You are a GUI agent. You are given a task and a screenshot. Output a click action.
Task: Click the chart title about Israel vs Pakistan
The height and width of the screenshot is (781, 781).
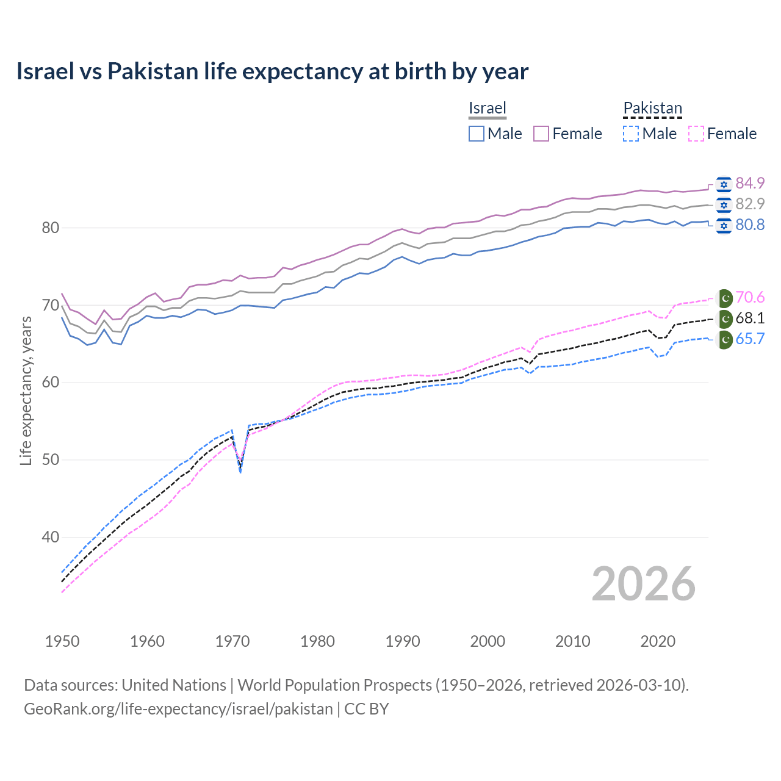272,71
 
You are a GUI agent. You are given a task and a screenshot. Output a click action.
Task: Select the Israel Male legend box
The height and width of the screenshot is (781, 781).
477,134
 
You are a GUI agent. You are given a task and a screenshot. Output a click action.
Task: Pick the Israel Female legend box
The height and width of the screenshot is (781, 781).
541,134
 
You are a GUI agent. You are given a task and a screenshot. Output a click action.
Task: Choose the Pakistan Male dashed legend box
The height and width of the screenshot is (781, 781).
631,134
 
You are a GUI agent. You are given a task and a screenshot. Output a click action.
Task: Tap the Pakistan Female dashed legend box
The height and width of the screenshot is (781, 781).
696,134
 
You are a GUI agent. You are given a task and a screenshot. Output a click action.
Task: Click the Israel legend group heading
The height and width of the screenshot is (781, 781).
488,108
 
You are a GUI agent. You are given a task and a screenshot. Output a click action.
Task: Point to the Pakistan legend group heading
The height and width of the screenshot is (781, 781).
652,108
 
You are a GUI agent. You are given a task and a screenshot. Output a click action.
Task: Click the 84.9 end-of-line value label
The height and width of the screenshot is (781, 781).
750,183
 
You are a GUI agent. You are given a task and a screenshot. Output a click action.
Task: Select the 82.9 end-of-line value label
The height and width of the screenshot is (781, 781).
750,204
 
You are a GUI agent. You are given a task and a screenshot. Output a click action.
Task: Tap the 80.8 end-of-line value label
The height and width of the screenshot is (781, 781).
750,225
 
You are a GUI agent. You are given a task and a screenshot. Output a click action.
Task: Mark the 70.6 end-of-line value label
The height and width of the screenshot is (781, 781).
750,297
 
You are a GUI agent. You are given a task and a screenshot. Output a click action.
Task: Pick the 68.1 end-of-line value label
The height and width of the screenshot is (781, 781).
750,318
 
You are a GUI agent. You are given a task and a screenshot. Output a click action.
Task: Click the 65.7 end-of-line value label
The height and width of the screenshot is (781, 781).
750,339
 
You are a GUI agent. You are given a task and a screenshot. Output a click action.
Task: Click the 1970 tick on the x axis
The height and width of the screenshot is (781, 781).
232,641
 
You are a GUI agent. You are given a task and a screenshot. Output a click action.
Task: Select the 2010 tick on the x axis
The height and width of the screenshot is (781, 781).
572,641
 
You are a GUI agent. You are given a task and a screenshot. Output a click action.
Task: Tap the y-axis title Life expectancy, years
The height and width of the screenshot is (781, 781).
26,390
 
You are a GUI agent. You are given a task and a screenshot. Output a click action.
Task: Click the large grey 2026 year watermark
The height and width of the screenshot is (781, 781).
644,584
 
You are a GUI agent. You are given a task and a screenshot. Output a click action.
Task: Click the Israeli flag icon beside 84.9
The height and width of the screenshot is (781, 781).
724,184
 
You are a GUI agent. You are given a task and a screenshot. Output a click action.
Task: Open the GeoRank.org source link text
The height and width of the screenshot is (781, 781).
178,709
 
